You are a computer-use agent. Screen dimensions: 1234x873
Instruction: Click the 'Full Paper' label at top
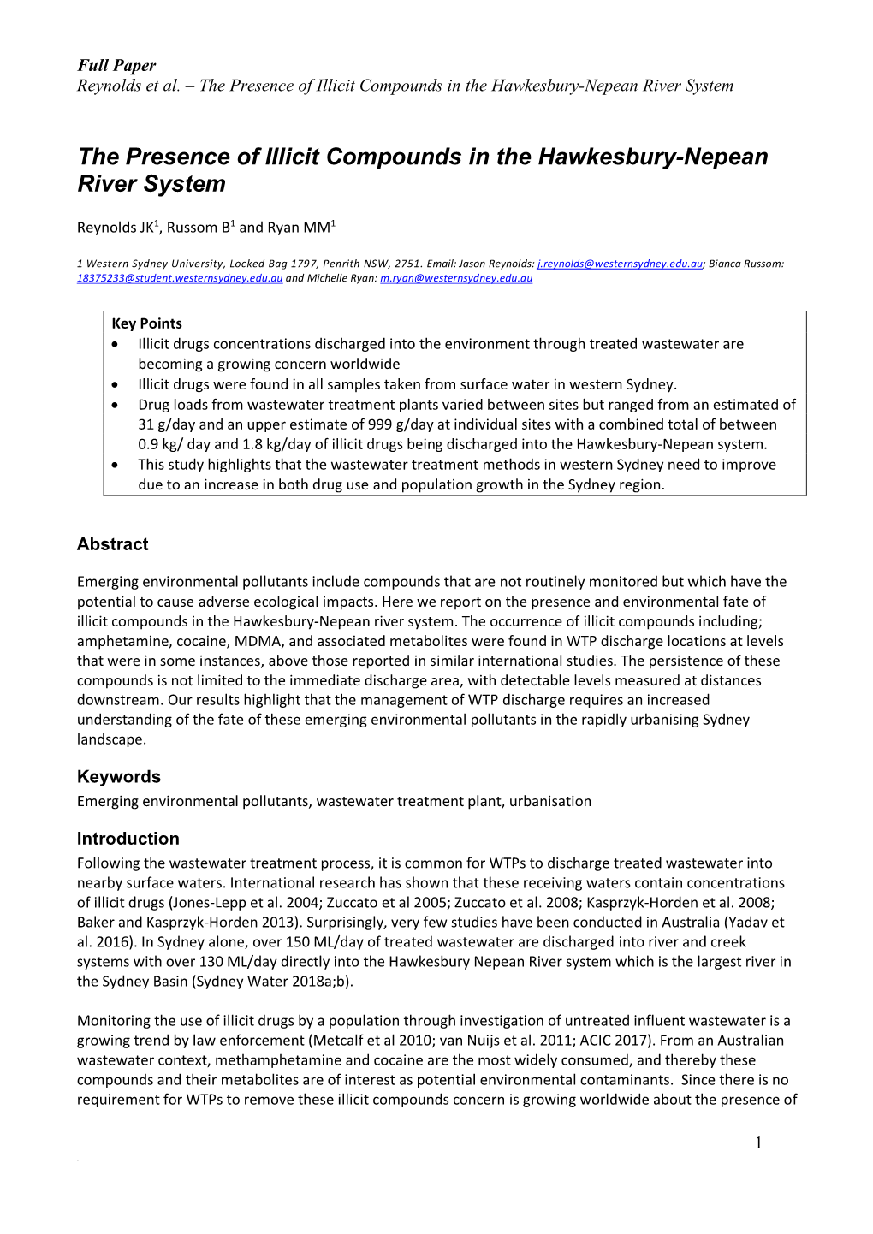coord(116,66)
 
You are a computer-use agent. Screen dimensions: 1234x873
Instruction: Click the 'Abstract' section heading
coord(112,544)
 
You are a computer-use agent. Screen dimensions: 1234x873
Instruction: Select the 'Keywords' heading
coord(118,777)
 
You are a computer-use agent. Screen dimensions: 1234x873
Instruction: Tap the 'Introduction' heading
coord(128,839)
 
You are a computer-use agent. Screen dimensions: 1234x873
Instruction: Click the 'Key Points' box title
coord(146,323)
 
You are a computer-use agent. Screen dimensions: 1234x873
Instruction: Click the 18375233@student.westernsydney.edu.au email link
coord(180,278)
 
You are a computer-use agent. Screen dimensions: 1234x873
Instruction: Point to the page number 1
coord(758,1143)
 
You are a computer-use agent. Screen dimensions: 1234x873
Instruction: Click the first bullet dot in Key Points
coord(116,344)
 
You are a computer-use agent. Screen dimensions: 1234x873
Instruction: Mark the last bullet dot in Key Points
coord(116,465)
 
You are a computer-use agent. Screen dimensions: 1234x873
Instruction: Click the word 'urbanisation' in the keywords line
coord(549,801)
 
